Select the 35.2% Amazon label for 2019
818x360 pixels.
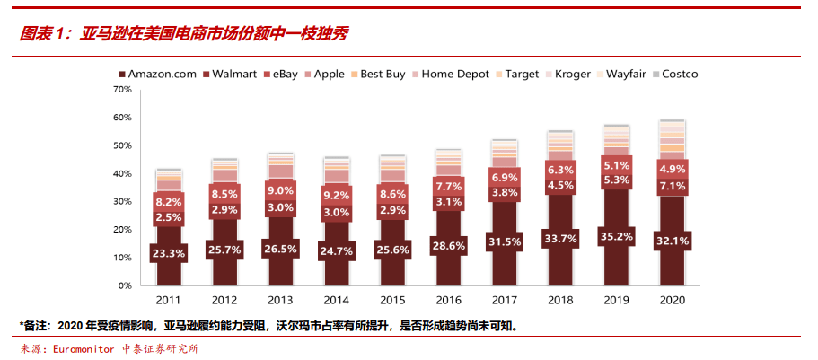pos(616,238)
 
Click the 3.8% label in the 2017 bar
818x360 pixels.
pos(504,192)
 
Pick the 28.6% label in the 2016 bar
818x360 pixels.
pos(447,245)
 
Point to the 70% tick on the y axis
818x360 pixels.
pos(123,90)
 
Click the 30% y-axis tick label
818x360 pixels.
pos(123,201)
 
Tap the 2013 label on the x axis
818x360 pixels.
pos(280,299)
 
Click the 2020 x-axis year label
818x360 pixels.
pos(672,299)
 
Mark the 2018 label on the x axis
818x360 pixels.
pos(559,299)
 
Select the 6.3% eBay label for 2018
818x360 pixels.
pos(559,170)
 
